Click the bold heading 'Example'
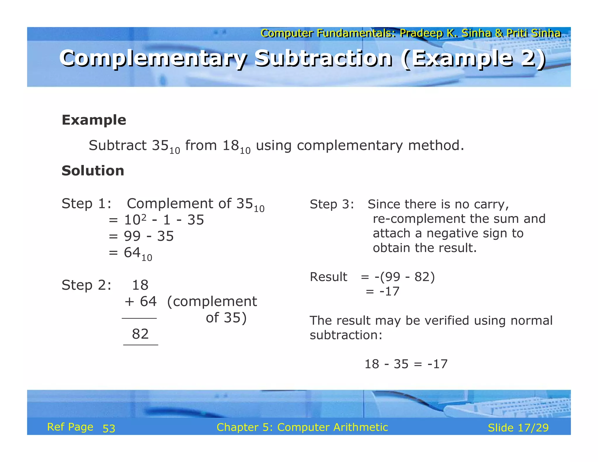(x=94, y=120)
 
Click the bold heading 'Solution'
(x=93, y=171)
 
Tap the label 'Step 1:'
(x=86, y=204)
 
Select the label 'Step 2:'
(x=86, y=285)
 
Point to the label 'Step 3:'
(x=332, y=204)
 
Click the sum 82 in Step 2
(x=140, y=334)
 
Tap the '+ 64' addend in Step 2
(x=141, y=301)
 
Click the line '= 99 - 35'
(x=141, y=236)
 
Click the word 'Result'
(x=328, y=277)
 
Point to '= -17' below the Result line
(x=383, y=291)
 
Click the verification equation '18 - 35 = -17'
(x=406, y=364)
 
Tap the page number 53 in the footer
(x=109, y=428)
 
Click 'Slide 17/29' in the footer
(x=518, y=428)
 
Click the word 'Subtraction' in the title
(x=323, y=58)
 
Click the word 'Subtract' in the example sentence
(x=118, y=145)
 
